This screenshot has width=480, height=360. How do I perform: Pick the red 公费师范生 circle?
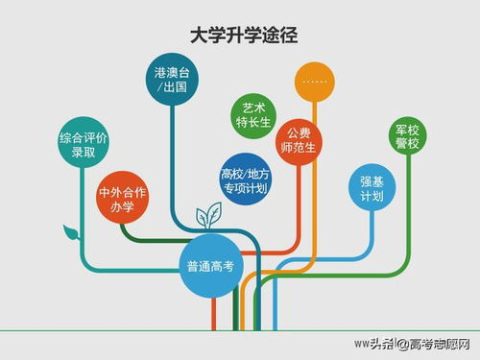298,141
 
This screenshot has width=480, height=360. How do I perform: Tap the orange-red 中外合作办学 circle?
122,199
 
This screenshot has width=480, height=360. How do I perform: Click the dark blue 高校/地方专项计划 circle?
245,180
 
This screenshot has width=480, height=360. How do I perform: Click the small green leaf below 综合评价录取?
69,231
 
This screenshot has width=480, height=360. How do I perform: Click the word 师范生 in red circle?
298,150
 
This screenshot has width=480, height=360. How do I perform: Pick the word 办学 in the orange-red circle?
122,207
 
